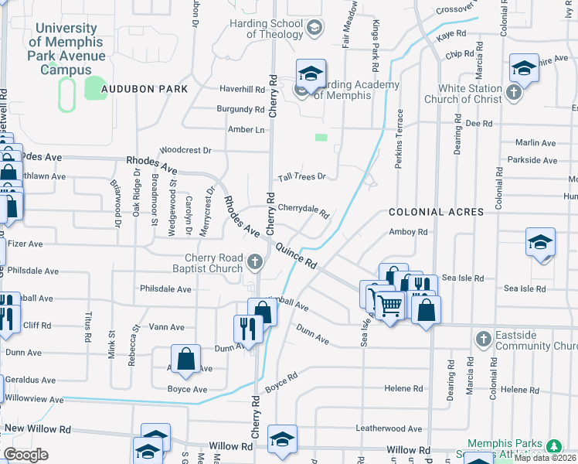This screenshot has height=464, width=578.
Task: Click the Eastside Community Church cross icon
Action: [483, 339]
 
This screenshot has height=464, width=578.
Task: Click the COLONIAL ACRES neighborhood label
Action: [436, 212]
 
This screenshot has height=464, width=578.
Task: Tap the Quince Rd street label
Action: [297, 254]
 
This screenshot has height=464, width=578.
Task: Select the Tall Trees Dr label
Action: [302, 177]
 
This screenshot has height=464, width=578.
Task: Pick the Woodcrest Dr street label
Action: [185, 151]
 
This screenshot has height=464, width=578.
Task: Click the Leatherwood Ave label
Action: [389, 428]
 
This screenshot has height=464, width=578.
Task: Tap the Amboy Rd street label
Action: [408, 232]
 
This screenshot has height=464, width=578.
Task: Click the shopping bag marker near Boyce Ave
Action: [186, 359]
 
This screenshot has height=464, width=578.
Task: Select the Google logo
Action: [25, 455]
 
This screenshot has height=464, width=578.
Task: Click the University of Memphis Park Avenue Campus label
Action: [66, 49]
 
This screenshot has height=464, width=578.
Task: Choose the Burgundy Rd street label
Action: [240, 110]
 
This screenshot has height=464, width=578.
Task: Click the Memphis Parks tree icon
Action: [553, 446]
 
